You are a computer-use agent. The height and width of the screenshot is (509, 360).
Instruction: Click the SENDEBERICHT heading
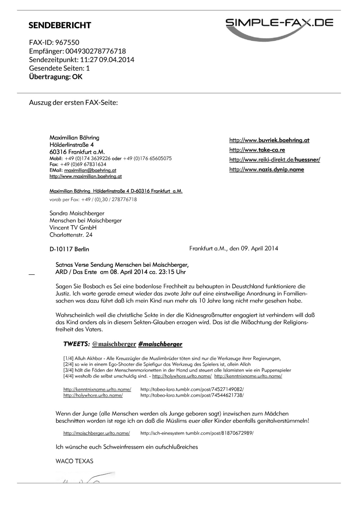[60, 25]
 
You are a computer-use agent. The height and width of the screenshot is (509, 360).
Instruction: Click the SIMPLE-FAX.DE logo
[279, 27]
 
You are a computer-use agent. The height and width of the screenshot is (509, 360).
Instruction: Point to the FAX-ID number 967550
[67, 42]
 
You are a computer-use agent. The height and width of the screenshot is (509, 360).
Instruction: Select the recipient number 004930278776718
[96, 51]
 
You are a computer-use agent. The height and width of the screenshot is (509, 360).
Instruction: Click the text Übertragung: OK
[56, 77]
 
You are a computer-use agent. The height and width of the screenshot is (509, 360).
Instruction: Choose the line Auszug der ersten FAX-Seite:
[73, 102]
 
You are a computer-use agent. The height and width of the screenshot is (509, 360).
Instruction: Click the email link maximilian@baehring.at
[90, 170]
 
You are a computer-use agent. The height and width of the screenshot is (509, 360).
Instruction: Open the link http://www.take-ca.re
[257, 150]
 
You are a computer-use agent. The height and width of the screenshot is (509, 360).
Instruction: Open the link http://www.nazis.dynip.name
[267, 169]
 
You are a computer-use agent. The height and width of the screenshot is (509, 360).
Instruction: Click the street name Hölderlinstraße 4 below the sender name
[71, 145]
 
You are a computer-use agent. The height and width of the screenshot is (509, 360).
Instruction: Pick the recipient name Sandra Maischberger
[77, 213]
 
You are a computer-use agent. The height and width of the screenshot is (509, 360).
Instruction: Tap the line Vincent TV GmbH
[73, 228]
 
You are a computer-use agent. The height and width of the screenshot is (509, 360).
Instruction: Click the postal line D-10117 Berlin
[69, 249]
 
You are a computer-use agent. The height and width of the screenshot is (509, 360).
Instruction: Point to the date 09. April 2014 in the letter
[260, 248]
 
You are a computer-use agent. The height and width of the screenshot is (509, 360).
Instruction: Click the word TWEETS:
[76, 344]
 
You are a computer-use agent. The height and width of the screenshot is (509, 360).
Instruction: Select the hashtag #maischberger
[160, 344]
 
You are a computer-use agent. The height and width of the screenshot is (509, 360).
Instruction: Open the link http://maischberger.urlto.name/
[96, 433]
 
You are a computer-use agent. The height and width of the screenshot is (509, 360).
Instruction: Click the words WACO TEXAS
[74, 461]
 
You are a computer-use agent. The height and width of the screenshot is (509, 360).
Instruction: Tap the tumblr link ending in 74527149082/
[192, 389]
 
